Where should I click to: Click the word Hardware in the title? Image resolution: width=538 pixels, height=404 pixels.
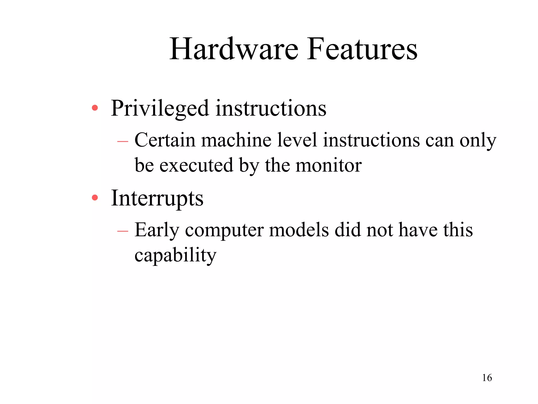click(x=234, y=49)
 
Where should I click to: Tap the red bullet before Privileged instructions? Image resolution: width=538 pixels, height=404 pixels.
click(x=95, y=108)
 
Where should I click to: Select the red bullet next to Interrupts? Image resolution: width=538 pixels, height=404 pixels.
click(x=95, y=198)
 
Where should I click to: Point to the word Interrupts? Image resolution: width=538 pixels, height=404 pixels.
click(x=157, y=198)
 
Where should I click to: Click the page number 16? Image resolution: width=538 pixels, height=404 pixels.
click(x=487, y=378)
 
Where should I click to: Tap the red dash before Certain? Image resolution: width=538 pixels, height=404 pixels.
click(x=123, y=142)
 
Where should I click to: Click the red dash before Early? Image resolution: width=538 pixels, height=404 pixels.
click(x=123, y=231)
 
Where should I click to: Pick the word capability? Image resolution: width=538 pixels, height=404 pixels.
click(x=175, y=255)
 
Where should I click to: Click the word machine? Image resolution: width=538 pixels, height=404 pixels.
click(x=236, y=140)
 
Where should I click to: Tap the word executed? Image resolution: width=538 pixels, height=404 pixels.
click(x=196, y=165)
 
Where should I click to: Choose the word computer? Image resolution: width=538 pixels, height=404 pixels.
click(x=224, y=230)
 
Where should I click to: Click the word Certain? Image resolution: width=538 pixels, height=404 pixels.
click(x=165, y=140)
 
